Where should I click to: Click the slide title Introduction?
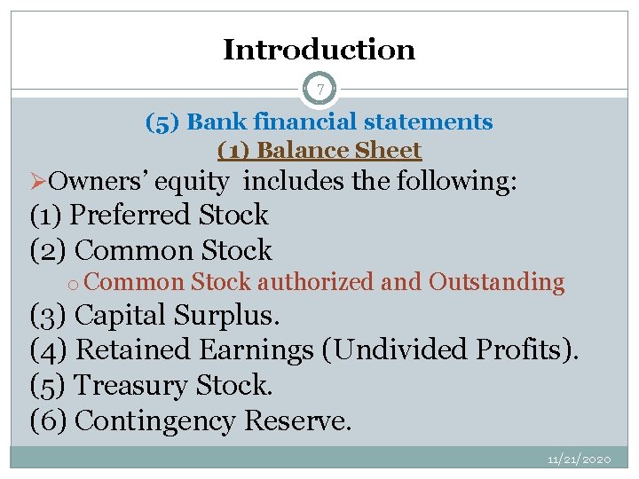319,50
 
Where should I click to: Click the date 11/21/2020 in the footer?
580,459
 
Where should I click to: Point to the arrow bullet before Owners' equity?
38,182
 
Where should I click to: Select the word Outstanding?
496,282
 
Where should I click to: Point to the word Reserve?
296,421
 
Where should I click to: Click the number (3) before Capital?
49,316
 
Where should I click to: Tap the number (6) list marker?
49,421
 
